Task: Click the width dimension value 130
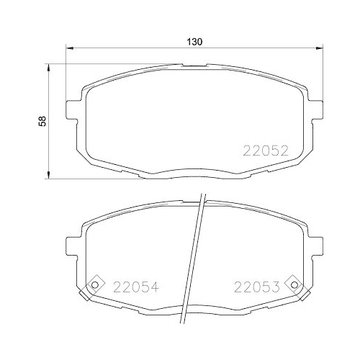click(x=194, y=42)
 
